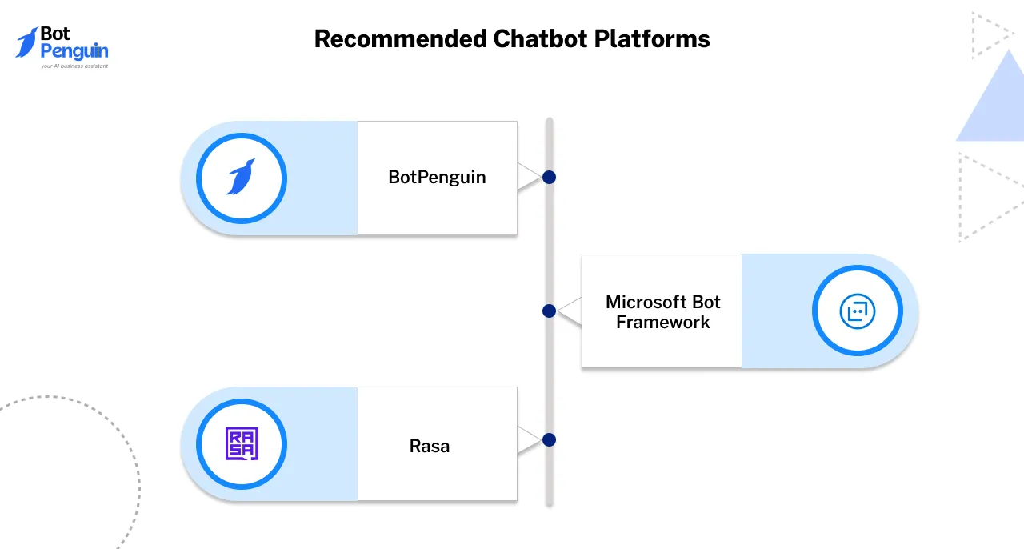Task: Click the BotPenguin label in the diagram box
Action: click(x=437, y=178)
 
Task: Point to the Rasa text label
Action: click(x=430, y=446)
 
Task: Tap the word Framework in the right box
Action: click(x=663, y=323)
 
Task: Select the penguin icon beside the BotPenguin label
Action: click(x=242, y=178)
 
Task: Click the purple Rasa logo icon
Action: click(x=242, y=444)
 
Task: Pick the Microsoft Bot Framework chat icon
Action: click(x=857, y=311)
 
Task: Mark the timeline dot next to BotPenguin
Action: click(x=549, y=178)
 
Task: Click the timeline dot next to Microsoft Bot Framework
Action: click(x=549, y=311)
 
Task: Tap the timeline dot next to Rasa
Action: click(x=549, y=439)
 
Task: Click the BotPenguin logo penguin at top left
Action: click(x=28, y=42)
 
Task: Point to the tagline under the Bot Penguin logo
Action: click(x=74, y=66)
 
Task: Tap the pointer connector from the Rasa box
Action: click(x=529, y=440)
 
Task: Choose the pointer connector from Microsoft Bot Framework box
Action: click(x=570, y=311)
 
